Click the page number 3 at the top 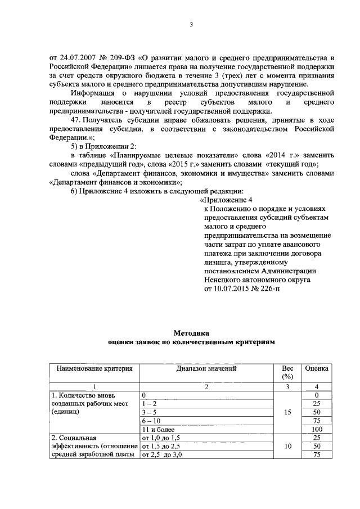[x=191, y=24]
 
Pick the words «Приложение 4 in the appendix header [x=230, y=200]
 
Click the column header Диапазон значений [x=206, y=368]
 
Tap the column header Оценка [x=316, y=368]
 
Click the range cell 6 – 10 [x=151, y=420]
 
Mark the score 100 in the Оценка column [x=317, y=429]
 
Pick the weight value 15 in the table [x=287, y=412]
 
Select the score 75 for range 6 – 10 [x=317, y=420]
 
